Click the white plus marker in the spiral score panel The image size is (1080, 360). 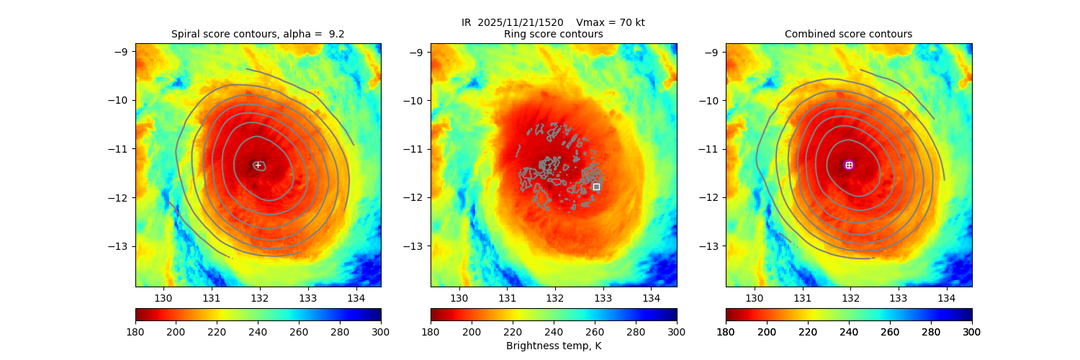(258, 165)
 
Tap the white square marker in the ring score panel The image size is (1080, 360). (596, 186)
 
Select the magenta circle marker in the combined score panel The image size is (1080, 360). (849, 165)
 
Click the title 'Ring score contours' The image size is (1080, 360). (553, 34)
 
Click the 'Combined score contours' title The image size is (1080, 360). (848, 34)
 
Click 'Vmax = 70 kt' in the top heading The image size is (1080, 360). (611, 22)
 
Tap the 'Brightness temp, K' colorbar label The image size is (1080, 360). (553, 346)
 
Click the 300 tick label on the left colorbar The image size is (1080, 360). (381, 331)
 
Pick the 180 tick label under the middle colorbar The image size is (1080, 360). (431, 331)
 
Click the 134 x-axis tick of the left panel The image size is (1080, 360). (356, 298)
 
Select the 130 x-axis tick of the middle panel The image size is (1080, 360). (459, 298)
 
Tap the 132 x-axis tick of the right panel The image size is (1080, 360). (850, 298)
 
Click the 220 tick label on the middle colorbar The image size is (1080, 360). (513, 331)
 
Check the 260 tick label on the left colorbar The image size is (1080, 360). (299, 331)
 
